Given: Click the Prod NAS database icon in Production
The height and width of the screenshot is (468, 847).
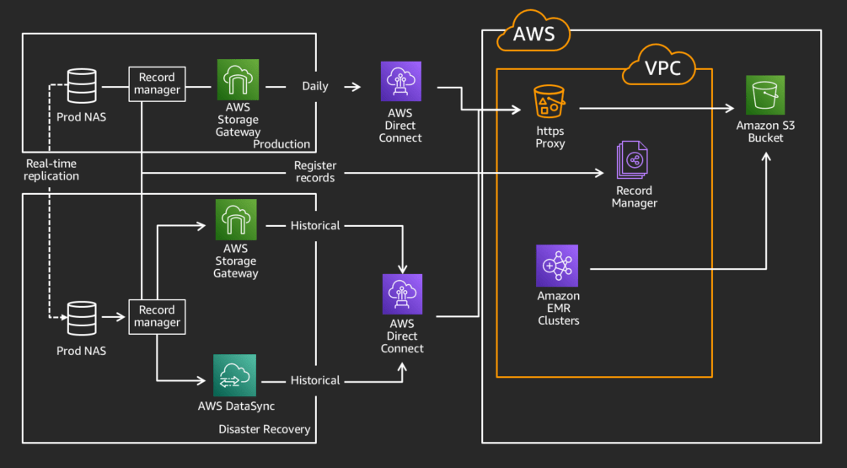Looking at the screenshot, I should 82,86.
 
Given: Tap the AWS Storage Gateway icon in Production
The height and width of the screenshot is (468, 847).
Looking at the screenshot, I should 237,81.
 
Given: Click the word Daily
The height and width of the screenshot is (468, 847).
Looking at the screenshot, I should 315,86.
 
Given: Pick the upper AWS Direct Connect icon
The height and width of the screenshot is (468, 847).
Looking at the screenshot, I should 400,82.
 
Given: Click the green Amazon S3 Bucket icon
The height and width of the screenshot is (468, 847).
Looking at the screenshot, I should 765,95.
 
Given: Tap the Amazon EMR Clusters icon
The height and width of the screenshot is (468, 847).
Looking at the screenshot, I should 557,266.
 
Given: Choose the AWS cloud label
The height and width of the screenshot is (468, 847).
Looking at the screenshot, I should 534,35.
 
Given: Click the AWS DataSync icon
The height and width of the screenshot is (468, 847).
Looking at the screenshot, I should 236,375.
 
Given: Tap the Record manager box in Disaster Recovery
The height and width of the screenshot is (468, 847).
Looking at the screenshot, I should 157,316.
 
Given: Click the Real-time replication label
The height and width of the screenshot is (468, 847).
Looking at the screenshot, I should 52,169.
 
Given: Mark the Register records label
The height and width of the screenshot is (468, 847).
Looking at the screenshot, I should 314,171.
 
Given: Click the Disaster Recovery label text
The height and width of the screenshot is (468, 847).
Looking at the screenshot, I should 264,429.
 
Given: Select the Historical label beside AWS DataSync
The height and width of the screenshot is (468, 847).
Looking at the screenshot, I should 315,380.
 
